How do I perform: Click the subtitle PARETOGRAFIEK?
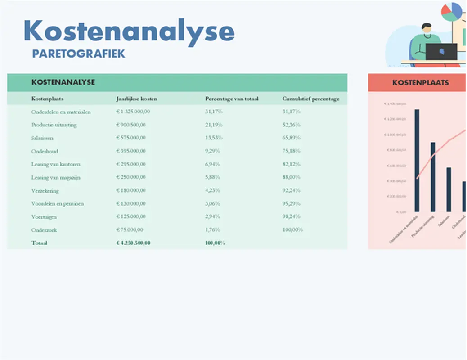point(79,54)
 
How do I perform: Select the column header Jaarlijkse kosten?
point(137,99)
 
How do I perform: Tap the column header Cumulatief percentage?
point(311,99)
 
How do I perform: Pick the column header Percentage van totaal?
point(232,99)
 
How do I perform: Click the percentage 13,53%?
point(213,138)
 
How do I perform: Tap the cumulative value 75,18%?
point(291,151)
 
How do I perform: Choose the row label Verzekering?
point(45,190)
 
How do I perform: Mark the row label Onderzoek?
point(44,230)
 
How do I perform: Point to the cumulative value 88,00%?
point(291,177)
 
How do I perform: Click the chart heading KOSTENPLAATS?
point(420,83)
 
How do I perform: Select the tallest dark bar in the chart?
point(417,160)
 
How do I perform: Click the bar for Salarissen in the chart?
point(449,189)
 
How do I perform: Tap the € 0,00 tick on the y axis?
point(400,211)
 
